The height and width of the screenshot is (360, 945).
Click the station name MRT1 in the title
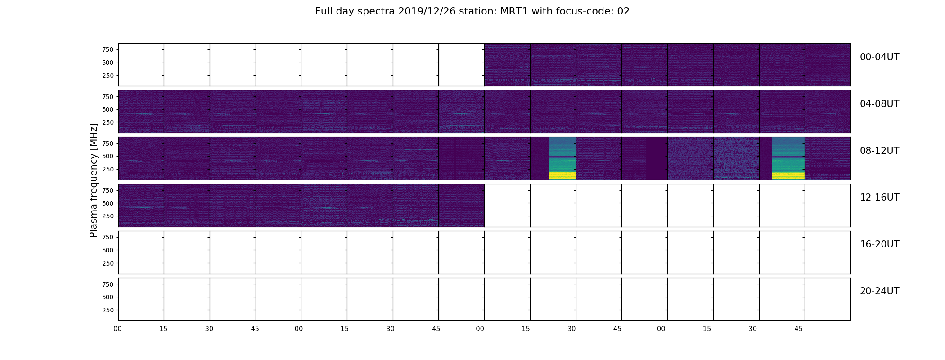[x=514, y=11]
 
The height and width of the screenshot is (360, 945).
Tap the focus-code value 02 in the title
[x=623, y=11]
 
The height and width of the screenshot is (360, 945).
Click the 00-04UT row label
[x=880, y=57]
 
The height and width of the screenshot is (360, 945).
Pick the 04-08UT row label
[x=880, y=104]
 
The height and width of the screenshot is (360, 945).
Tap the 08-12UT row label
[x=880, y=151]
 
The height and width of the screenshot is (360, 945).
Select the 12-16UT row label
[x=880, y=198]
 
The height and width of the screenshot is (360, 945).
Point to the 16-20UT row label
[x=880, y=244]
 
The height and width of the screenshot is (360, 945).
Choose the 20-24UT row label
[x=880, y=291]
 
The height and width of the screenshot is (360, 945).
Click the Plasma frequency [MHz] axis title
[x=94, y=180]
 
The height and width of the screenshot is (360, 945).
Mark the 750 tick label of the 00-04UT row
[x=108, y=49]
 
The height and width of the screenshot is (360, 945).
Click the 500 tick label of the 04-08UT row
[x=108, y=109]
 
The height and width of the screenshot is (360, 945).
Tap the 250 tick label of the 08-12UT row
[x=108, y=169]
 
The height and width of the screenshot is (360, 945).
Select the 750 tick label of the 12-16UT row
[x=108, y=190]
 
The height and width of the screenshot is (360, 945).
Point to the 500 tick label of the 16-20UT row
[x=108, y=250]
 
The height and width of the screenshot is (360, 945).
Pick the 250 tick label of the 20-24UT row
[x=108, y=310]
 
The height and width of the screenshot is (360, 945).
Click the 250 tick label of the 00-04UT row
[x=108, y=76]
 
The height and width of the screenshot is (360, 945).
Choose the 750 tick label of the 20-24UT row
[x=108, y=284]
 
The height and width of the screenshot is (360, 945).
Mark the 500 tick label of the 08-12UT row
[x=108, y=156]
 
